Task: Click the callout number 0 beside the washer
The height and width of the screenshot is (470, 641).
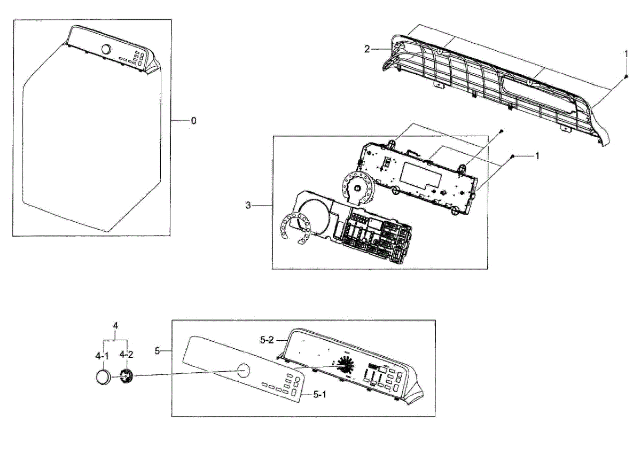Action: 193,121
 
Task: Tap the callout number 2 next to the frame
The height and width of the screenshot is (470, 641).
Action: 367,49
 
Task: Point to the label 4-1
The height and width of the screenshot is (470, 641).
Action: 101,354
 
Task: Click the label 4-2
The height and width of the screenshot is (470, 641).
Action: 127,354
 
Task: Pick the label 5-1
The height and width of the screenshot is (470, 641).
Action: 319,394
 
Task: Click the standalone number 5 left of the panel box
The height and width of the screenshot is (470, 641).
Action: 158,351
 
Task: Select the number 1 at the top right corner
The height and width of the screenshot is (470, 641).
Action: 627,53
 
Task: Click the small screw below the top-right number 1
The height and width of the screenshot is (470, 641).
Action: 626,77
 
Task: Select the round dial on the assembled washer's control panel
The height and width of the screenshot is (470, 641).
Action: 106,50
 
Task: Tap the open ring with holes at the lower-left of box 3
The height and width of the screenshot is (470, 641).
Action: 293,227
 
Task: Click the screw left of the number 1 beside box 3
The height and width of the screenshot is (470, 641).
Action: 512,156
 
